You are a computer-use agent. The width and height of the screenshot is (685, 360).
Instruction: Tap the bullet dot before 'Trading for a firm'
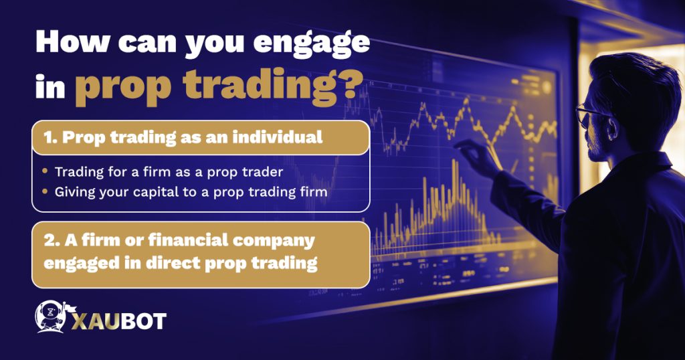[45, 171]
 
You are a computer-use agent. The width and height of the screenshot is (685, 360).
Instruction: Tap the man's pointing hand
[472, 155]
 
